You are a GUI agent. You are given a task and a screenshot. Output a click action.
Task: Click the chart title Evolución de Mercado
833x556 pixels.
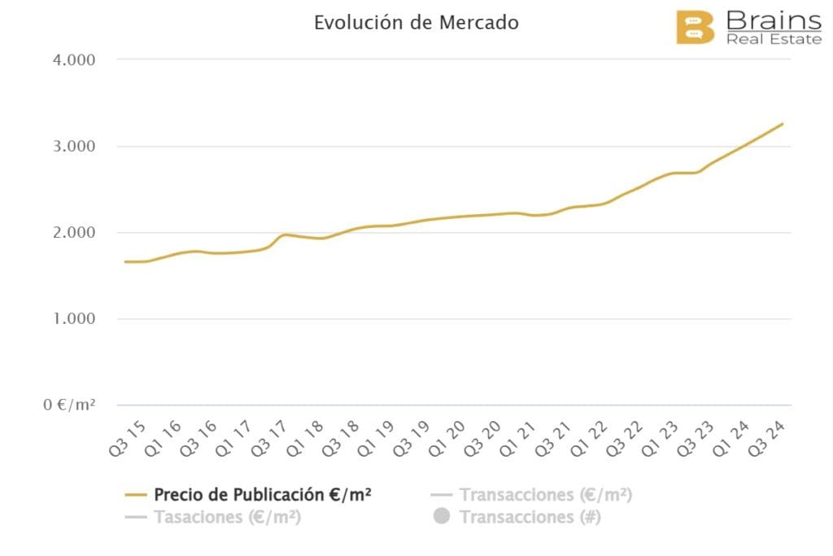point(416,23)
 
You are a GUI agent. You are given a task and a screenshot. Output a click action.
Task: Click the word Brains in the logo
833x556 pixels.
point(773,20)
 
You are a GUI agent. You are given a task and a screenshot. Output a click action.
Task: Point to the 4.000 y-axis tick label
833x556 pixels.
point(72,59)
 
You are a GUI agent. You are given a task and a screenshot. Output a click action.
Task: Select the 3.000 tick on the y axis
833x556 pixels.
point(72,147)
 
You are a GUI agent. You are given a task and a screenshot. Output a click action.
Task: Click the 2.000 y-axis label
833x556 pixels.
point(72,233)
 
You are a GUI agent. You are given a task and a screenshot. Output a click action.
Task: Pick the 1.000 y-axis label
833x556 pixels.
point(72,319)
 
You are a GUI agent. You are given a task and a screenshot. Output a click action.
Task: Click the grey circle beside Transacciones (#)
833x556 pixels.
point(442,517)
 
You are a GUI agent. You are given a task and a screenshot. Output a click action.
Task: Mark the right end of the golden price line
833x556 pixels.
point(783,124)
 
